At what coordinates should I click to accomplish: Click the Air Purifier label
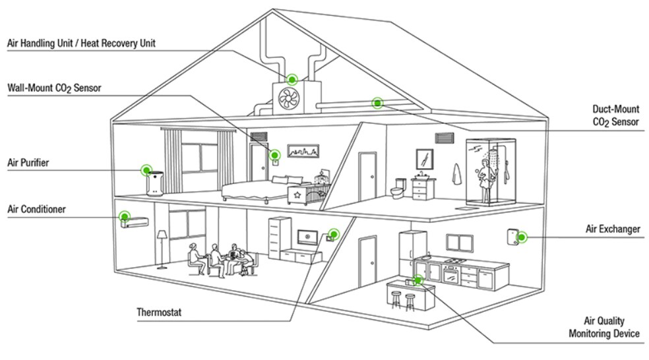coord(28,162)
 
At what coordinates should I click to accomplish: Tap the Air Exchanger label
coord(613,229)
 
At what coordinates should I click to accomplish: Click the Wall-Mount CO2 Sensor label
coord(54,88)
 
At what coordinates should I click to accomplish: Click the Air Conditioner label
coord(36,210)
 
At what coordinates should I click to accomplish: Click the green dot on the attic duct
coord(377,102)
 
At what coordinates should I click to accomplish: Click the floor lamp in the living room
coord(162,244)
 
